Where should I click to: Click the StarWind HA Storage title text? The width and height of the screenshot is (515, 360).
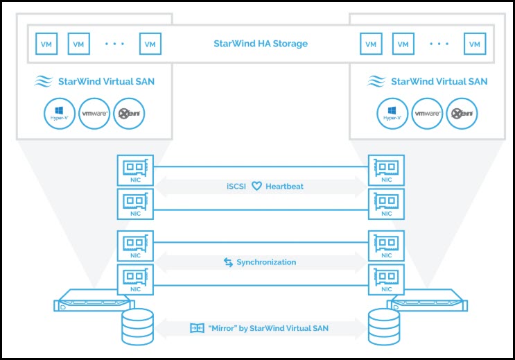click(261, 44)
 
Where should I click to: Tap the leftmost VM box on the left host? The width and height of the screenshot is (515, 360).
click(46, 44)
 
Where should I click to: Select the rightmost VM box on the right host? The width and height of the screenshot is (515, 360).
click(474, 44)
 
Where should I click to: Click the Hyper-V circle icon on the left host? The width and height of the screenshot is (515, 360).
click(59, 114)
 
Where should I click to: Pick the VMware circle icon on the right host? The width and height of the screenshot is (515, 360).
click(428, 114)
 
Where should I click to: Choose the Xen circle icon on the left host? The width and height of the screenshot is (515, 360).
click(128, 114)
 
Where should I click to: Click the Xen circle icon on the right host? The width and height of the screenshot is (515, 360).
click(462, 114)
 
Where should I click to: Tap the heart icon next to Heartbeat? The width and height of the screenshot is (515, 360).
click(256, 187)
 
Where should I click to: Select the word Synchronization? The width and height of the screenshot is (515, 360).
click(265, 262)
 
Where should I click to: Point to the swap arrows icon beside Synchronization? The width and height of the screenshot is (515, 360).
click(228, 262)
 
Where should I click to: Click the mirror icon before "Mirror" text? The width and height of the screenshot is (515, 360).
click(197, 327)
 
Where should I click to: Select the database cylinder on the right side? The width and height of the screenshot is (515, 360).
click(383, 327)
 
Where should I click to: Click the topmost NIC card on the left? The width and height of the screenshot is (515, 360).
click(135, 170)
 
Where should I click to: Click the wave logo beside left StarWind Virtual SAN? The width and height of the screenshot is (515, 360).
click(44, 82)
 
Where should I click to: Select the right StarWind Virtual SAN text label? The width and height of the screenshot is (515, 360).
click(439, 82)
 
